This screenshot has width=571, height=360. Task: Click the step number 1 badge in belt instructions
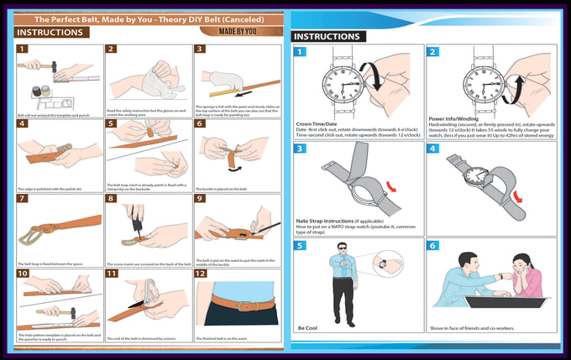(22, 49)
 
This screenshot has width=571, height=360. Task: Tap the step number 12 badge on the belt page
(202, 274)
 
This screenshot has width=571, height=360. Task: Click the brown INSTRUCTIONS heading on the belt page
(50, 32)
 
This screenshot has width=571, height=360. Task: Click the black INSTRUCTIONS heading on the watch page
(327, 36)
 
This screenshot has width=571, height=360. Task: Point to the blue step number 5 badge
(300, 246)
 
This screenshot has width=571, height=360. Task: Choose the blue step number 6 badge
(433, 246)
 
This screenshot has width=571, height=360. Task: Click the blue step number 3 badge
(300, 149)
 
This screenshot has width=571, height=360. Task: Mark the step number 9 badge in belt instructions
(202, 198)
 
